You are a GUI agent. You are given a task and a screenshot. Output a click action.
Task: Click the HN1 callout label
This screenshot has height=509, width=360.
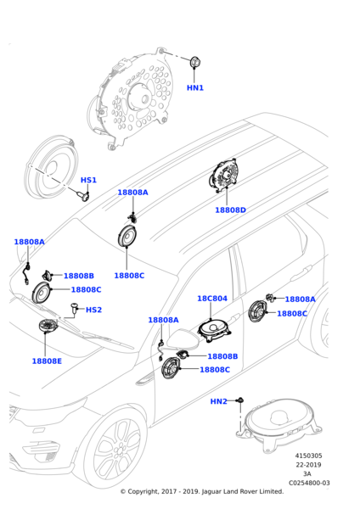pyautogui.click(x=195, y=87)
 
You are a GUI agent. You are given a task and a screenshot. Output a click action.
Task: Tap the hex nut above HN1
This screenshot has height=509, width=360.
pyautogui.click(x=194, y=62)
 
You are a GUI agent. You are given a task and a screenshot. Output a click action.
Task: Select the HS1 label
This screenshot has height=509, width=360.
pyautogui.click(x=88, y=180)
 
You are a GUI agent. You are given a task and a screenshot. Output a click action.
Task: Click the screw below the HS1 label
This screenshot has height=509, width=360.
pyautogui.click(x=83, y=196)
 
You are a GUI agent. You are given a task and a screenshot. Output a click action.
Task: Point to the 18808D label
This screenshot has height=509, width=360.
pyautogui.click(x=230, y=210)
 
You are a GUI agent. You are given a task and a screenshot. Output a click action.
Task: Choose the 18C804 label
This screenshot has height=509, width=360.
pyautogui.click(x=212, y=299)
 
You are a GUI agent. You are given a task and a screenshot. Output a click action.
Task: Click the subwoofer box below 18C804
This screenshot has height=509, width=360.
pyautogui.click(x=215, y=331)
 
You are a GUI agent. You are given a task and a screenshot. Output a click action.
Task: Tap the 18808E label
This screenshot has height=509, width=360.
pyautogui.click(x=47, y=361)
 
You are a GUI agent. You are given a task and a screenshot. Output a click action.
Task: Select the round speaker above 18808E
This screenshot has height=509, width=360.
pyautogui.click(x=48, y=326)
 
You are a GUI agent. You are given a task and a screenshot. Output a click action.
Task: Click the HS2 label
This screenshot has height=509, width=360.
pyautogui.click(x=93, y=310)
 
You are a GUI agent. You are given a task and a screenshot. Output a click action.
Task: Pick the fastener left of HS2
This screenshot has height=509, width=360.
pyautogui.click(x=75, y=308)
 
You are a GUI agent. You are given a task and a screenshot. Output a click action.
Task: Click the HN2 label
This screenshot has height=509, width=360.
pyautogui.click(x=219, y=401)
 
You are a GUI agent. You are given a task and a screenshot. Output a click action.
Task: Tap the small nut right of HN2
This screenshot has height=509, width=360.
pyautogui.click(x=240, y=400)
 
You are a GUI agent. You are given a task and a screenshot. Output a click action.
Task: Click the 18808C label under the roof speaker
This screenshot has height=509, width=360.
pyautogui.click(x=129, y=276)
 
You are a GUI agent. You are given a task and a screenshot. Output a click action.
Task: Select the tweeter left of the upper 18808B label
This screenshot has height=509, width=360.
pyautogui.click(x=47, y=276)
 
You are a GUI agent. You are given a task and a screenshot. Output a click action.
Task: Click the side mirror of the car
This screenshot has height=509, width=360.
pyautogui.click(x=182, y=339)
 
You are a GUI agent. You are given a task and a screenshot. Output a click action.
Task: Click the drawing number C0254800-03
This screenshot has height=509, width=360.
pyautogui.click(x=309, y=483)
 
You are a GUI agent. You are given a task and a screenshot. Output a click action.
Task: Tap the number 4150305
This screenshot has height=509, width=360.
pyautogui.click(x=308, y=456)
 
